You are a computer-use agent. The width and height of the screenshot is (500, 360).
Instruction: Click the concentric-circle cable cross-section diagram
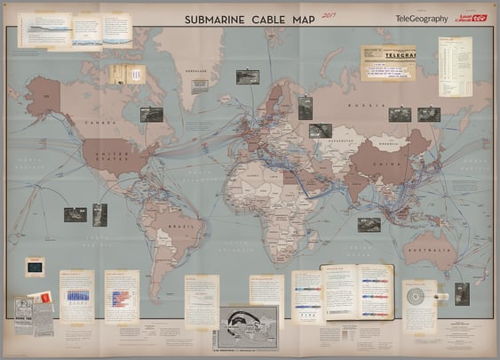pos(415,295)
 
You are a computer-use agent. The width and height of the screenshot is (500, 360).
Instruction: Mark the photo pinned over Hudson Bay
pos(151,114)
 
